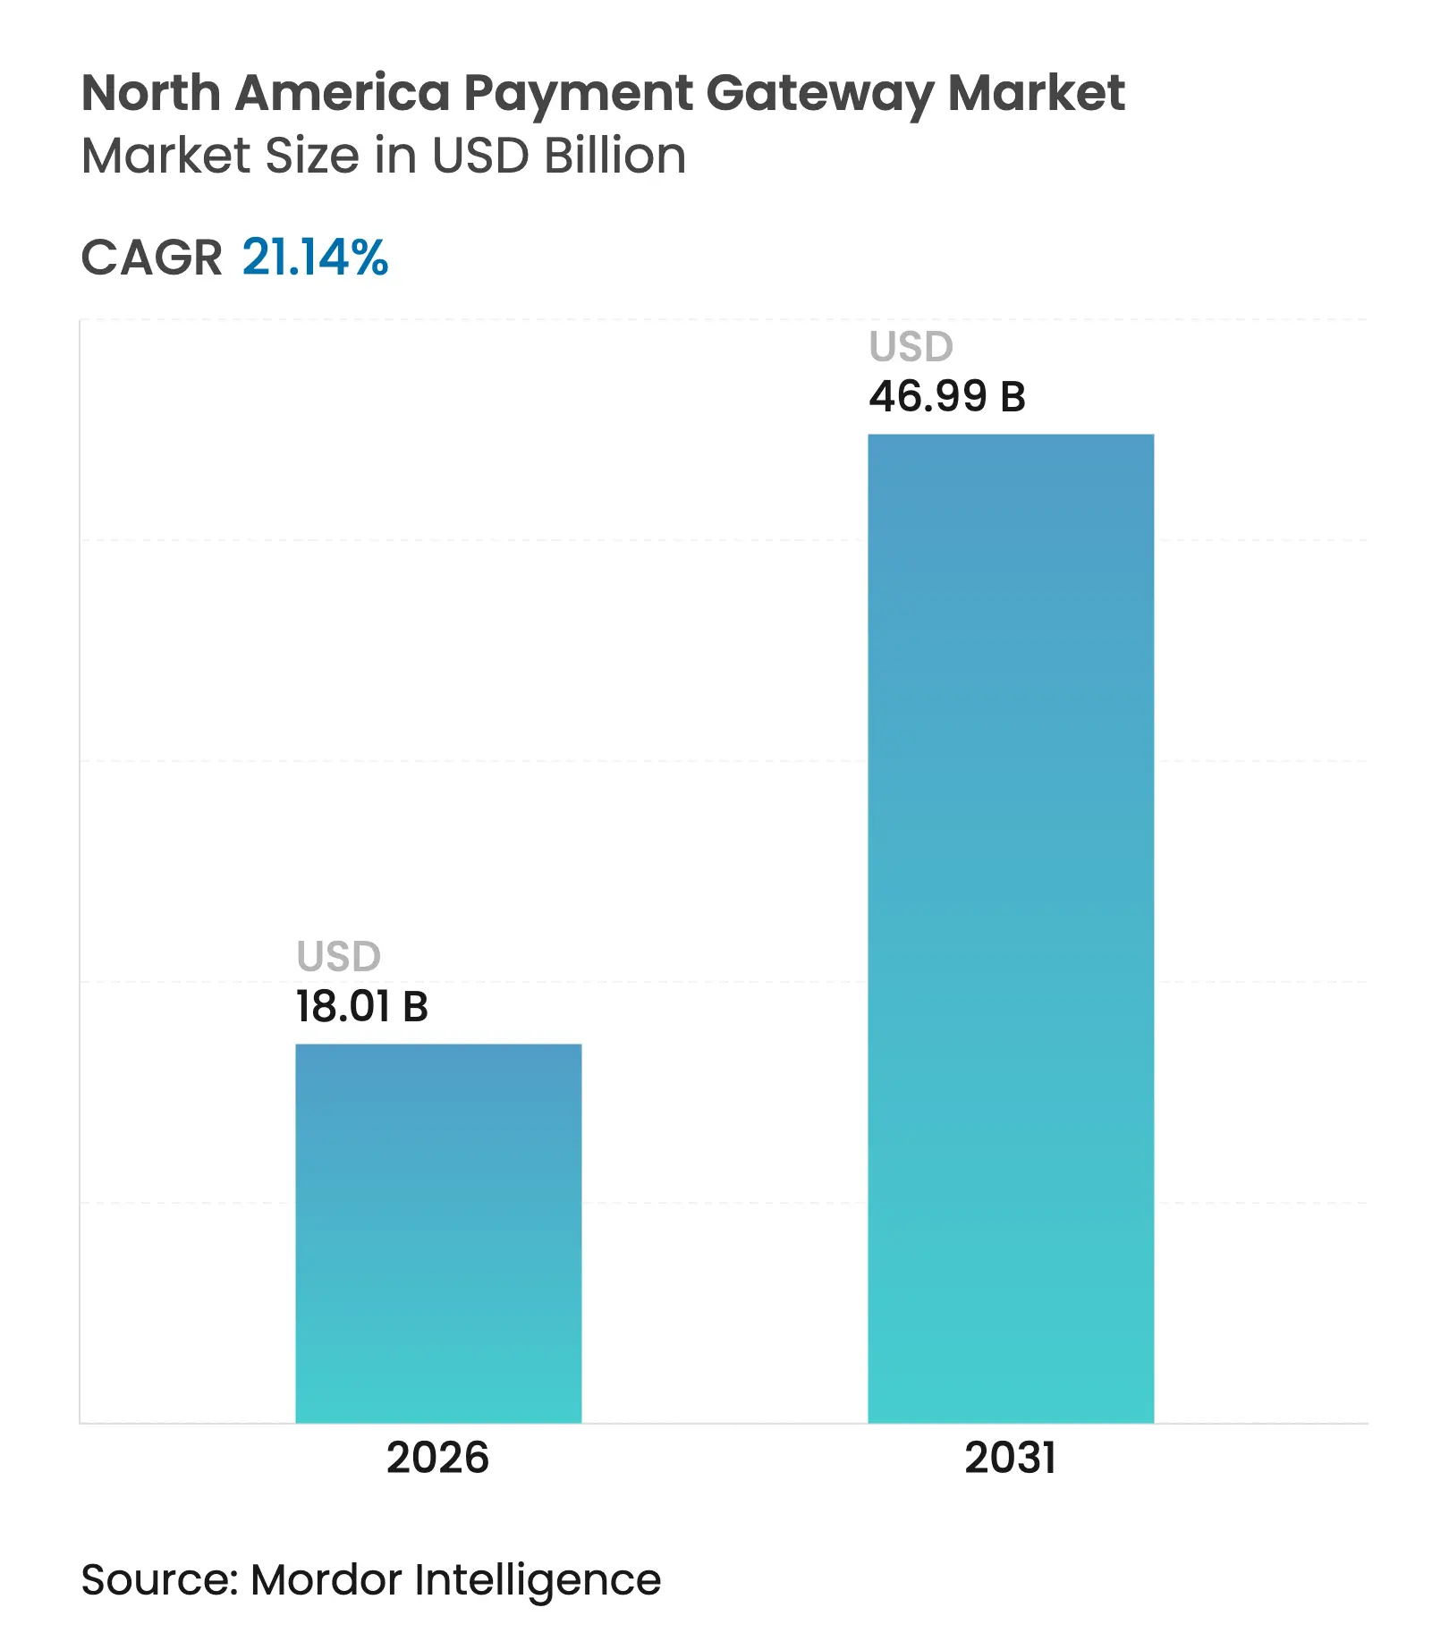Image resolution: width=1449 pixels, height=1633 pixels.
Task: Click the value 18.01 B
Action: [x=362, y=1006]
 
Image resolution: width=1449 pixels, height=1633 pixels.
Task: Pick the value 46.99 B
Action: [x=947, y=396]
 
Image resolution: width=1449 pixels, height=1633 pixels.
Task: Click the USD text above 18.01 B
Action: [x=339, y=956]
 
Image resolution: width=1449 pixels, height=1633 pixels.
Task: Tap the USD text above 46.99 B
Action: [x=911, y=346]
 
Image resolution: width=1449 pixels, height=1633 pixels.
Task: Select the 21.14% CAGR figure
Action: [x=315, y=258]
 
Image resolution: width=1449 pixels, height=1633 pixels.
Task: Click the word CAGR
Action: [x=151, y=258]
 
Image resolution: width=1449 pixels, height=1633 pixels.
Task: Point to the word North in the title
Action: [x=151, y=93]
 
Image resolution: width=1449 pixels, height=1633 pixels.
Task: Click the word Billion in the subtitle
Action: [x=615, y=156]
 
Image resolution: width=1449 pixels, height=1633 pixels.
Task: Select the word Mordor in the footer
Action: [x=326, y=1579]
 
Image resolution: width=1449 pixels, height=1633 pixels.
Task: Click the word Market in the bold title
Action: [x=1036, y=93]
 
